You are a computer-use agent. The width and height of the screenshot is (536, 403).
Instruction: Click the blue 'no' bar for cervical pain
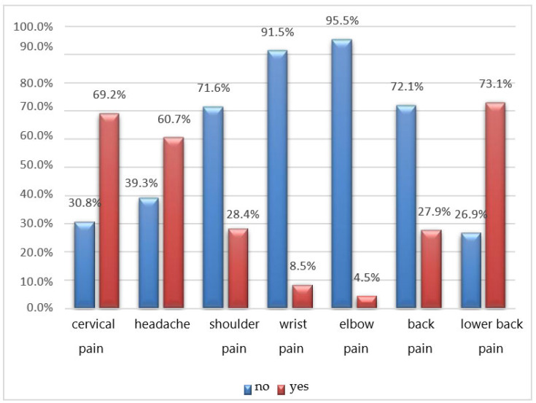[85, 265]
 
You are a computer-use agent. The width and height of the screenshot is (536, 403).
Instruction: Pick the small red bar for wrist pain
[302, 296]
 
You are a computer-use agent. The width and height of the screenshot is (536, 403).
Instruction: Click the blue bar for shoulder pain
[213, 207]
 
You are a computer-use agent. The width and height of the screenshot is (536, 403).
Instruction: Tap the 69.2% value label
[110, 95]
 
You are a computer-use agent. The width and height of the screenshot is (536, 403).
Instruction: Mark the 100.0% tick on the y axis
[33, 26]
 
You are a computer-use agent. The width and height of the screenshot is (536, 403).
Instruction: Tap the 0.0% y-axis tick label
[36, 308]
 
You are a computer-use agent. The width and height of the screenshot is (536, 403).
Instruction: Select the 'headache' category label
[162, 324]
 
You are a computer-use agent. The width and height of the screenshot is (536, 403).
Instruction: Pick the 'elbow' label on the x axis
[354, 324]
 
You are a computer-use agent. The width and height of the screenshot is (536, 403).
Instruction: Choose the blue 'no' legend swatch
[247, 388]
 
